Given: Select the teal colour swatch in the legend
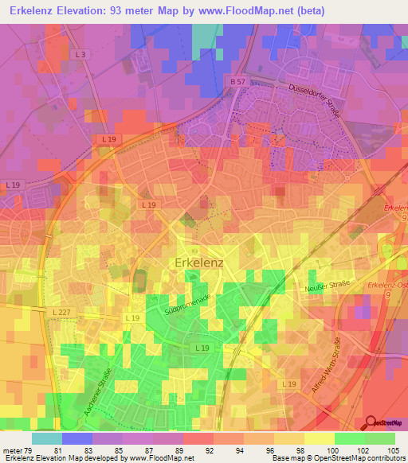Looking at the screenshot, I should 47,438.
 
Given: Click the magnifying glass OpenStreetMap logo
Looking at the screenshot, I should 371,422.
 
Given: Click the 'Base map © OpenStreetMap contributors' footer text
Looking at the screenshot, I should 338,459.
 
